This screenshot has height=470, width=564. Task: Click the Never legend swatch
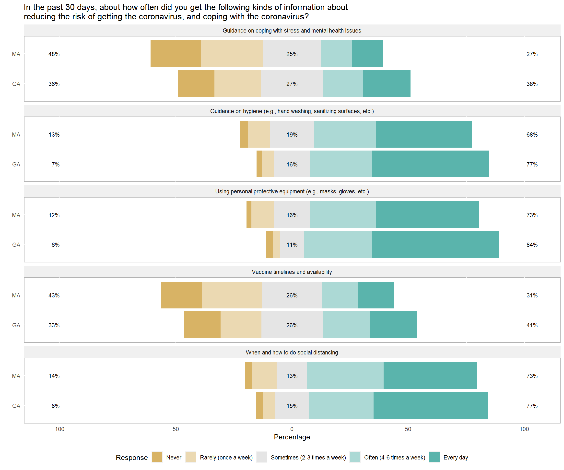pos(157,457)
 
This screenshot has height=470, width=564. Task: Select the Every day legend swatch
pos(434,457)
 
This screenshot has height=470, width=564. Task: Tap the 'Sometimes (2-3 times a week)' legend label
pos(308,457)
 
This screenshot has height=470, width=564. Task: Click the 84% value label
pos(532,245)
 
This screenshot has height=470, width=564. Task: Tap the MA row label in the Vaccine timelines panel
pos(16,295)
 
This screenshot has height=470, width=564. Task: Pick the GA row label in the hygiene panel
pos(16,164)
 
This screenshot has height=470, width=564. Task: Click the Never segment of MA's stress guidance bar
pos(176,54)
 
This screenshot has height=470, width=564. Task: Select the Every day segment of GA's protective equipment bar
pos(435,244)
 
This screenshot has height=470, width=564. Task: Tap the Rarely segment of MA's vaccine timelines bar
pos(232,295)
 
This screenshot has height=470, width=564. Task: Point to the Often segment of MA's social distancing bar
pos(345,376)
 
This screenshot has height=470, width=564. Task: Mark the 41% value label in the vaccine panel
pos(532,325)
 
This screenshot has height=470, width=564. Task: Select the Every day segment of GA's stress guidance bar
pos(387,83)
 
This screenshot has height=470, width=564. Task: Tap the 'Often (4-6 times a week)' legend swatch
pos(355,457)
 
